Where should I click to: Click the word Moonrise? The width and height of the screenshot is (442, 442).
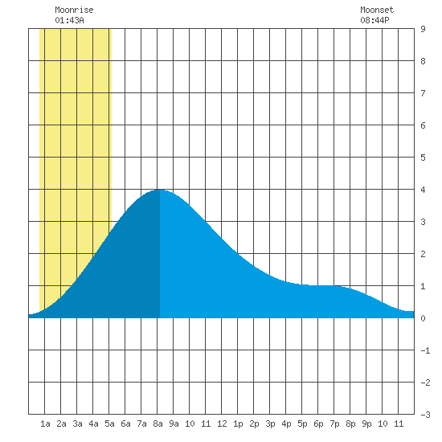coord(74,10)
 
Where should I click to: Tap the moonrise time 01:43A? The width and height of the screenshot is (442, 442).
coord(69,20)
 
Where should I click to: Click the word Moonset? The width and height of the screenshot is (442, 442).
coord(377,10)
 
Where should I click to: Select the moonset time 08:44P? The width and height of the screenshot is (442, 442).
coord(374,20)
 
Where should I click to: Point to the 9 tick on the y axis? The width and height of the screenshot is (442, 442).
coord(423,29)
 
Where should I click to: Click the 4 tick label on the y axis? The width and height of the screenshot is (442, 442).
coord(423,190)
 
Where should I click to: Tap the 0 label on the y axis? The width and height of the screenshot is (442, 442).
coord(423,318)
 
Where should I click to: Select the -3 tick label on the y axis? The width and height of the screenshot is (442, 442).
coord(425,415)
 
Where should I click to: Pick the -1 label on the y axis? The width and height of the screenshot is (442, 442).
coord(425,350)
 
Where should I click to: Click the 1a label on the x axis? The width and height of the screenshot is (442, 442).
coord(45,424)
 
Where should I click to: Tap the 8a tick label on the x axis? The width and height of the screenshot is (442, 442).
coord(158,424)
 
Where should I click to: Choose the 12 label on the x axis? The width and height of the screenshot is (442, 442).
coord(222,424)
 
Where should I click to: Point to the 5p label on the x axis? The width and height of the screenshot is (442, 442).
coord(302,424)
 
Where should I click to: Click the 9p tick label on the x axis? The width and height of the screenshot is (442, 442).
coord(366,424)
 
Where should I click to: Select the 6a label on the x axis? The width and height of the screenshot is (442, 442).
coord(125,424)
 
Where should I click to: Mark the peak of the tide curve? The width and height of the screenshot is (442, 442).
coord(160,190)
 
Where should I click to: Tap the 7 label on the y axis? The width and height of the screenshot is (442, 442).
coord(423,93)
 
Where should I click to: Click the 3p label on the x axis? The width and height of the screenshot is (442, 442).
coord(270,424)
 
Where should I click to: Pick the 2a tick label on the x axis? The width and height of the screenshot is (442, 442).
coord(61,424)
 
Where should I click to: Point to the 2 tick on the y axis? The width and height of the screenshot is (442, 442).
coord(423,254)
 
